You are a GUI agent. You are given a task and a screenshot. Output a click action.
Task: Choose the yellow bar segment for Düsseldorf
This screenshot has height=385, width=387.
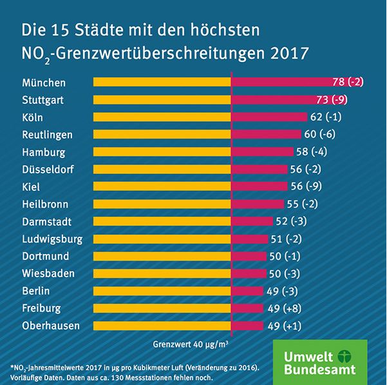162,170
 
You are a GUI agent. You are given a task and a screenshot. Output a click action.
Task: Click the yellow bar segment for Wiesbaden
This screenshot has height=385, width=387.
162,273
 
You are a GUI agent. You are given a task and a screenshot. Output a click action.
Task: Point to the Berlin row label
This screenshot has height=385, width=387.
36,291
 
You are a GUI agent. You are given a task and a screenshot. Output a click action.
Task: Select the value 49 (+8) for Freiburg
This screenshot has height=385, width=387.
284,308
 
